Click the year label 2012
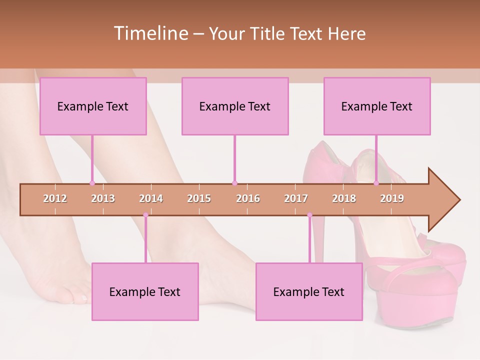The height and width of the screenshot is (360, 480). point(55,198)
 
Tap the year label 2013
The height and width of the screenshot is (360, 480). point(103,198)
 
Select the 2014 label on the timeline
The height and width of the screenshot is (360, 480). point(151,198)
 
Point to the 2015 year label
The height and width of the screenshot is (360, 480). point(199,198)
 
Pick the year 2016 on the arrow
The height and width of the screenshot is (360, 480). point(248,198)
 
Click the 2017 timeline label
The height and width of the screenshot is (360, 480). point(296,198)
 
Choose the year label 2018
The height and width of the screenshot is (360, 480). point(344,198)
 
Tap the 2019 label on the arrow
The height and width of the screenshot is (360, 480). point(392,198)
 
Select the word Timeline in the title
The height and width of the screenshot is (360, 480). point(150,33)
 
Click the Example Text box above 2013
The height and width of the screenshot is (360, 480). point(93,106)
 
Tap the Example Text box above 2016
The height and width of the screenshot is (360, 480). point(235,106)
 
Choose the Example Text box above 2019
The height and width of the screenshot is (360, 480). point(377,106)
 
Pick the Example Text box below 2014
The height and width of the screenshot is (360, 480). point(145,291)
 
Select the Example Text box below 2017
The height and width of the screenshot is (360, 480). point(309,291)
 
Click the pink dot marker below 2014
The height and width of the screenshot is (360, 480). point(145,215)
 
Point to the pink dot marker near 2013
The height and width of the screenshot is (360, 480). point(92,183)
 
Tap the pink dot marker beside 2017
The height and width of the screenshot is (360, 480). point(309,215)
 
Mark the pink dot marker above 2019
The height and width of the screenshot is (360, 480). point(376,183)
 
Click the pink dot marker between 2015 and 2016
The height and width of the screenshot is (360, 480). point(234,183)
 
